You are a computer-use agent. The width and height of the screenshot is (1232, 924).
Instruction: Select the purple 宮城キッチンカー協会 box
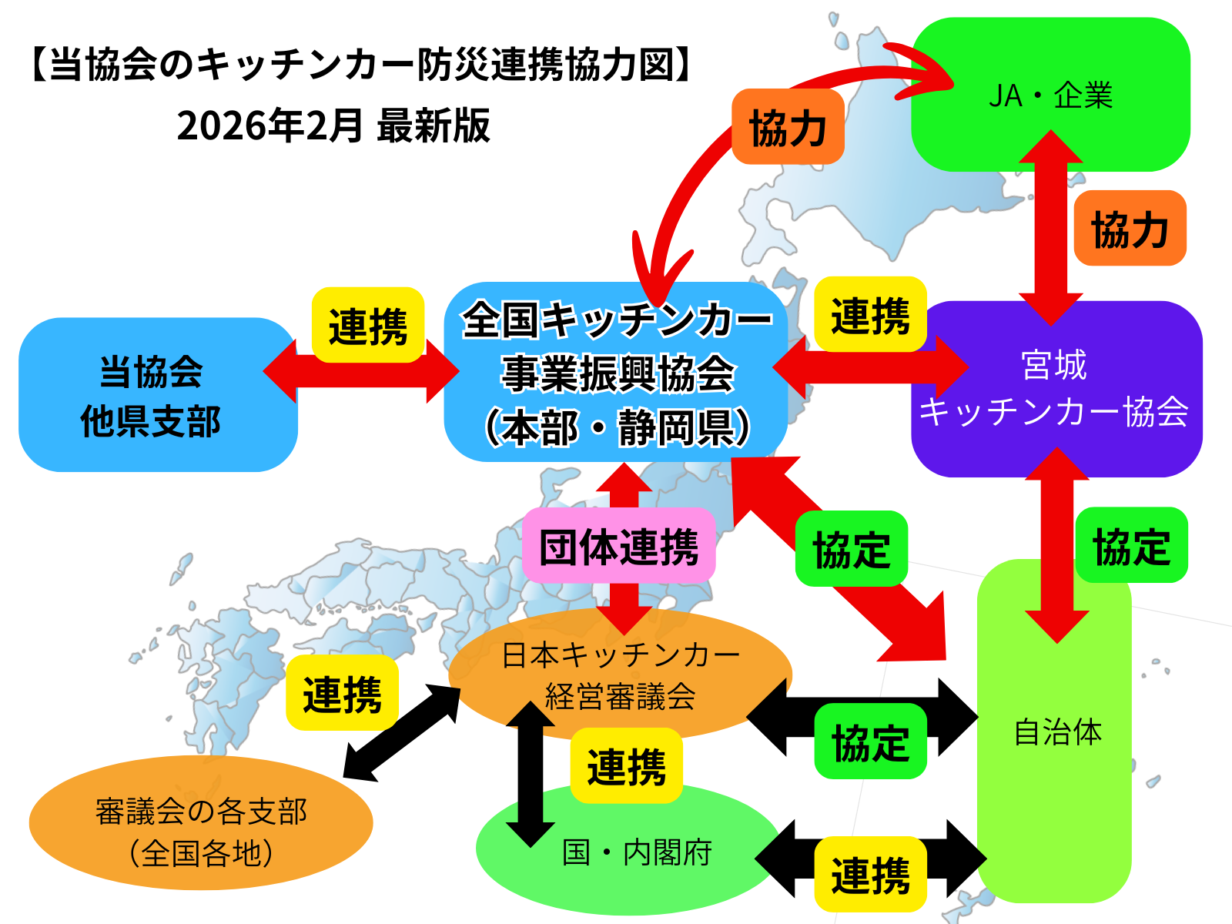(x=1056, y=389)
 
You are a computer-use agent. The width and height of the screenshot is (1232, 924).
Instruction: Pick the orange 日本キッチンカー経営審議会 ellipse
(x=621, y=675)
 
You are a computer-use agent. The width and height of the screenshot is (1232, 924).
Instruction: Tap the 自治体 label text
(x=1058, y=731)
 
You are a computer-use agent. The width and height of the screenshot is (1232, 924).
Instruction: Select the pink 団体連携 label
(x=619, y=546)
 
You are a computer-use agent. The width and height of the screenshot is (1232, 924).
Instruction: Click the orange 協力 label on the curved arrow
(x=788, y=127)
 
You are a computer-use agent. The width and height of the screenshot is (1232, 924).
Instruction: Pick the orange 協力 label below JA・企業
(x=1130, y=229)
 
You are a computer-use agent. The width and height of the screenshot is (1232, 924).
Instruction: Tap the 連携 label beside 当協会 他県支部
(x=368, y=326)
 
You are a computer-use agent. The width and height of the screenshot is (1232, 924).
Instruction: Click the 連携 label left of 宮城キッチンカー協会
(x=870, y=315)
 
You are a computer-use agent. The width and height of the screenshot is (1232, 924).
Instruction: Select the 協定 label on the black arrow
(x=870, y=742)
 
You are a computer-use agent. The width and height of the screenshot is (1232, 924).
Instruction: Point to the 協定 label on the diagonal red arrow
(x=852, y=549)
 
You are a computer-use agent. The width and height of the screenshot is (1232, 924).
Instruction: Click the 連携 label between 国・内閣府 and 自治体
(x=870, y=875)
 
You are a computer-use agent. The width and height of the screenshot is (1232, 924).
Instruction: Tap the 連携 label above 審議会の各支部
(x=342, y=693)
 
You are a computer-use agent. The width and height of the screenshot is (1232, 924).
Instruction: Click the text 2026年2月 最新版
(x=333, y=126)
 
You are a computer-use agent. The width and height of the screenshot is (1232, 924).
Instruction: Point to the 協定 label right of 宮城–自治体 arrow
(x=1131, y=545)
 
